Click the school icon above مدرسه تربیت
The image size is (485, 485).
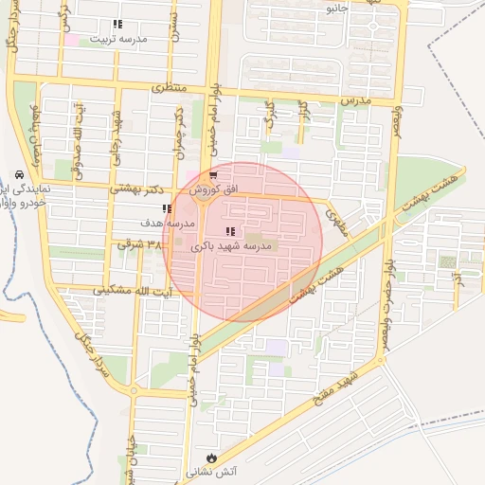(x=117, y=25)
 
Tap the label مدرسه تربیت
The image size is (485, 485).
(x=117, y=39)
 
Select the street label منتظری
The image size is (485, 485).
(x=171, y=87)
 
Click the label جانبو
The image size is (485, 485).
(x=338, y=8)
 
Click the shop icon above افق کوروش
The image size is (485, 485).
(x=213, y=175)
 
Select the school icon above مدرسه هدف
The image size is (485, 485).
(x=167, y=208)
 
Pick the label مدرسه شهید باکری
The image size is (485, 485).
(x=232, y=245)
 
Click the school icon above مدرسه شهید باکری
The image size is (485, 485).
(x=230, y=231)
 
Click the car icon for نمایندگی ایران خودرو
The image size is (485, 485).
(x=19, y=175)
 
